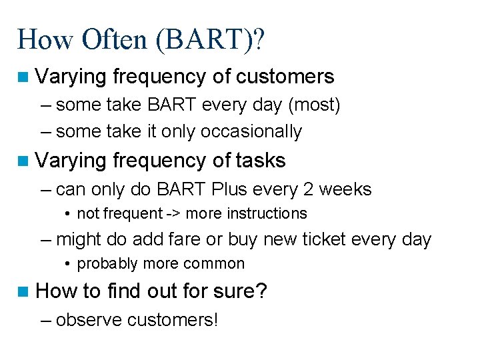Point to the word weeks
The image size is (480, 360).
tap(345, 189)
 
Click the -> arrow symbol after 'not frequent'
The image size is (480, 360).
tap(173, 214)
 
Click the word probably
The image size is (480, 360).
tap(104, 264)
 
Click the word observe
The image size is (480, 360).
tap(89, 320)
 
